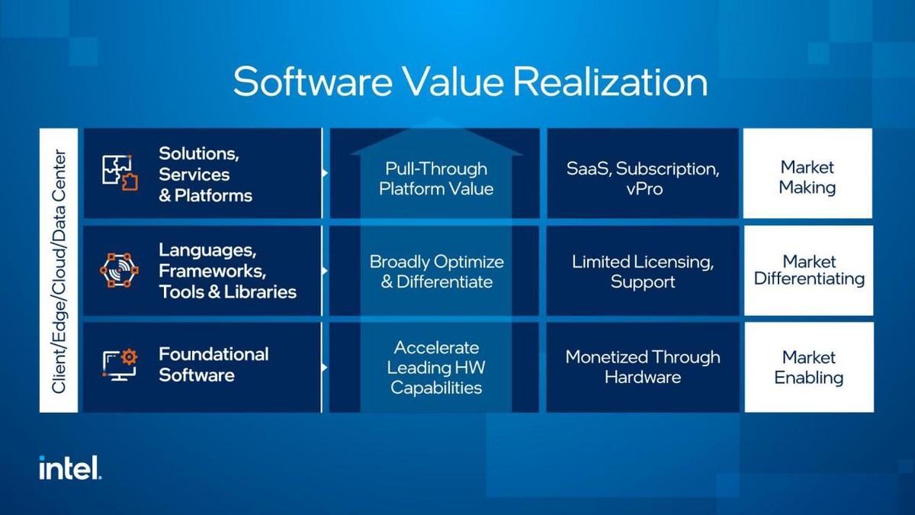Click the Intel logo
click(x=70, y=468)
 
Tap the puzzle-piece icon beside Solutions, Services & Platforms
click(x=120, y=173)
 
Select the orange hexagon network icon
click(x=120, y=270)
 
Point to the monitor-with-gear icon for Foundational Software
click(x=120, y=365)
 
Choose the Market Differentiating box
click(x=809, y=270)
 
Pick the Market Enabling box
click(x=808, y=367)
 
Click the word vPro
click(x=643, y=188)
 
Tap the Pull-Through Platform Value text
click(x=436, y=178)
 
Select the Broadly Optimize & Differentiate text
click(x=436, y=272)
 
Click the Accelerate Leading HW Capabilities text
click(x=436, y=368)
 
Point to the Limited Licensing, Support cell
click(x=643, y=272)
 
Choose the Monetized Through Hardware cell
click(x=643, y=367)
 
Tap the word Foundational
click(x=213, y=354)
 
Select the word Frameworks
click(x=212, y=271)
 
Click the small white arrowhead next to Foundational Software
click(x=326, y=367)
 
